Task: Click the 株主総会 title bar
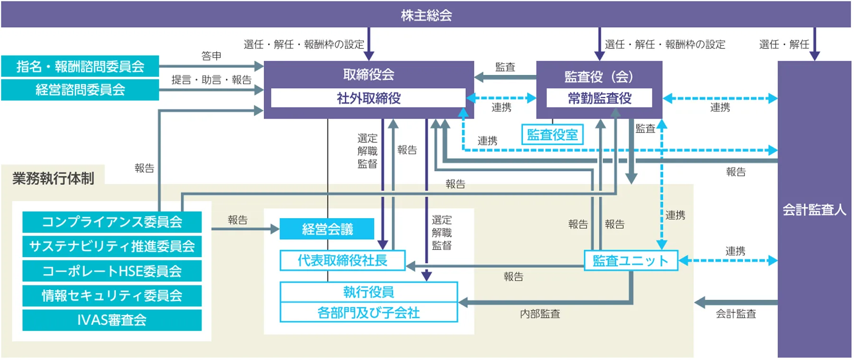pyautogui.click(x=426, y=15)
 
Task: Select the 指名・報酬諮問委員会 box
pyautogui.click(x=80, y=66)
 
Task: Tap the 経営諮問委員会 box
pyautogui.click(x=80, y=90)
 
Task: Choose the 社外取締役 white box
pyautogui.click(x=368, y=98)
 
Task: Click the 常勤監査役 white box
pyautogui.click(x=599, y=98)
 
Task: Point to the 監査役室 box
pyautogui.click(x=552, y=135)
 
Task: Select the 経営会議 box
pyautogui.click(x=327, y=229)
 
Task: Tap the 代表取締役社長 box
pyautogui.click(x=342, y=260)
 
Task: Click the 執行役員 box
pyautogui.click(x=369, y=292)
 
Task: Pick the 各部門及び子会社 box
pyautogui.click(x=369, y=313)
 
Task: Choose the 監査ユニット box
pyautogui.click(x=631, y=260)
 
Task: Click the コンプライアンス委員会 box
pyautogui.click(x=112, y=222)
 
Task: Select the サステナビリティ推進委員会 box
pyautogui.click(x=112, y=246)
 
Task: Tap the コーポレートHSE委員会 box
pyautogui.click(x=112, y=271)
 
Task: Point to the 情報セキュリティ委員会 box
pyautogui.click(x=112, y=295)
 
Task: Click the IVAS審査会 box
pyautogui.click(x=112, y=320)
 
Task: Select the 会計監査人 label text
pyautogui.click(x=814, y=210)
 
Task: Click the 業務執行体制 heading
pyautogui.click(x=53, y=178)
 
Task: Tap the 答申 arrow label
pyautogui.click(x=211, y=56)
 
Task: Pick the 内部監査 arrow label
pyautogui.click(x=540, y=314)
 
